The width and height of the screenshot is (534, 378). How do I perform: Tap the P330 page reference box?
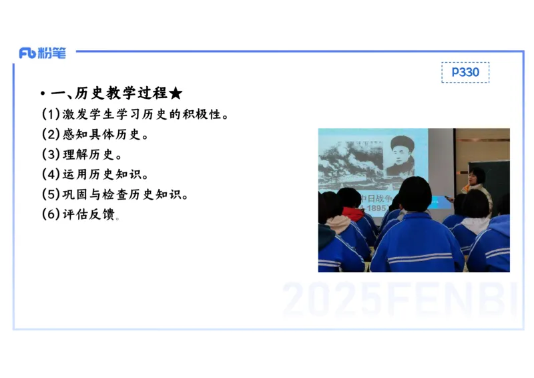coord(465,72)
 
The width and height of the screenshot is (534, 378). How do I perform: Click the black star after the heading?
coord(176,93)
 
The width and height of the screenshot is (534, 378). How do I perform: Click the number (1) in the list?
coord(51,114)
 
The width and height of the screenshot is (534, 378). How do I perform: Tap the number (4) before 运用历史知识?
coord(51,175)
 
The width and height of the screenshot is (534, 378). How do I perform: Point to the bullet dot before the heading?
coord(42,94)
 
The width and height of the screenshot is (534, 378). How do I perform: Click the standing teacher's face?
coord(478,176)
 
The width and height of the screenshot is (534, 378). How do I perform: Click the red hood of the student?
coord(352,214)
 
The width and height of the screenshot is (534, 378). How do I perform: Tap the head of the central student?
coord(415,195)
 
